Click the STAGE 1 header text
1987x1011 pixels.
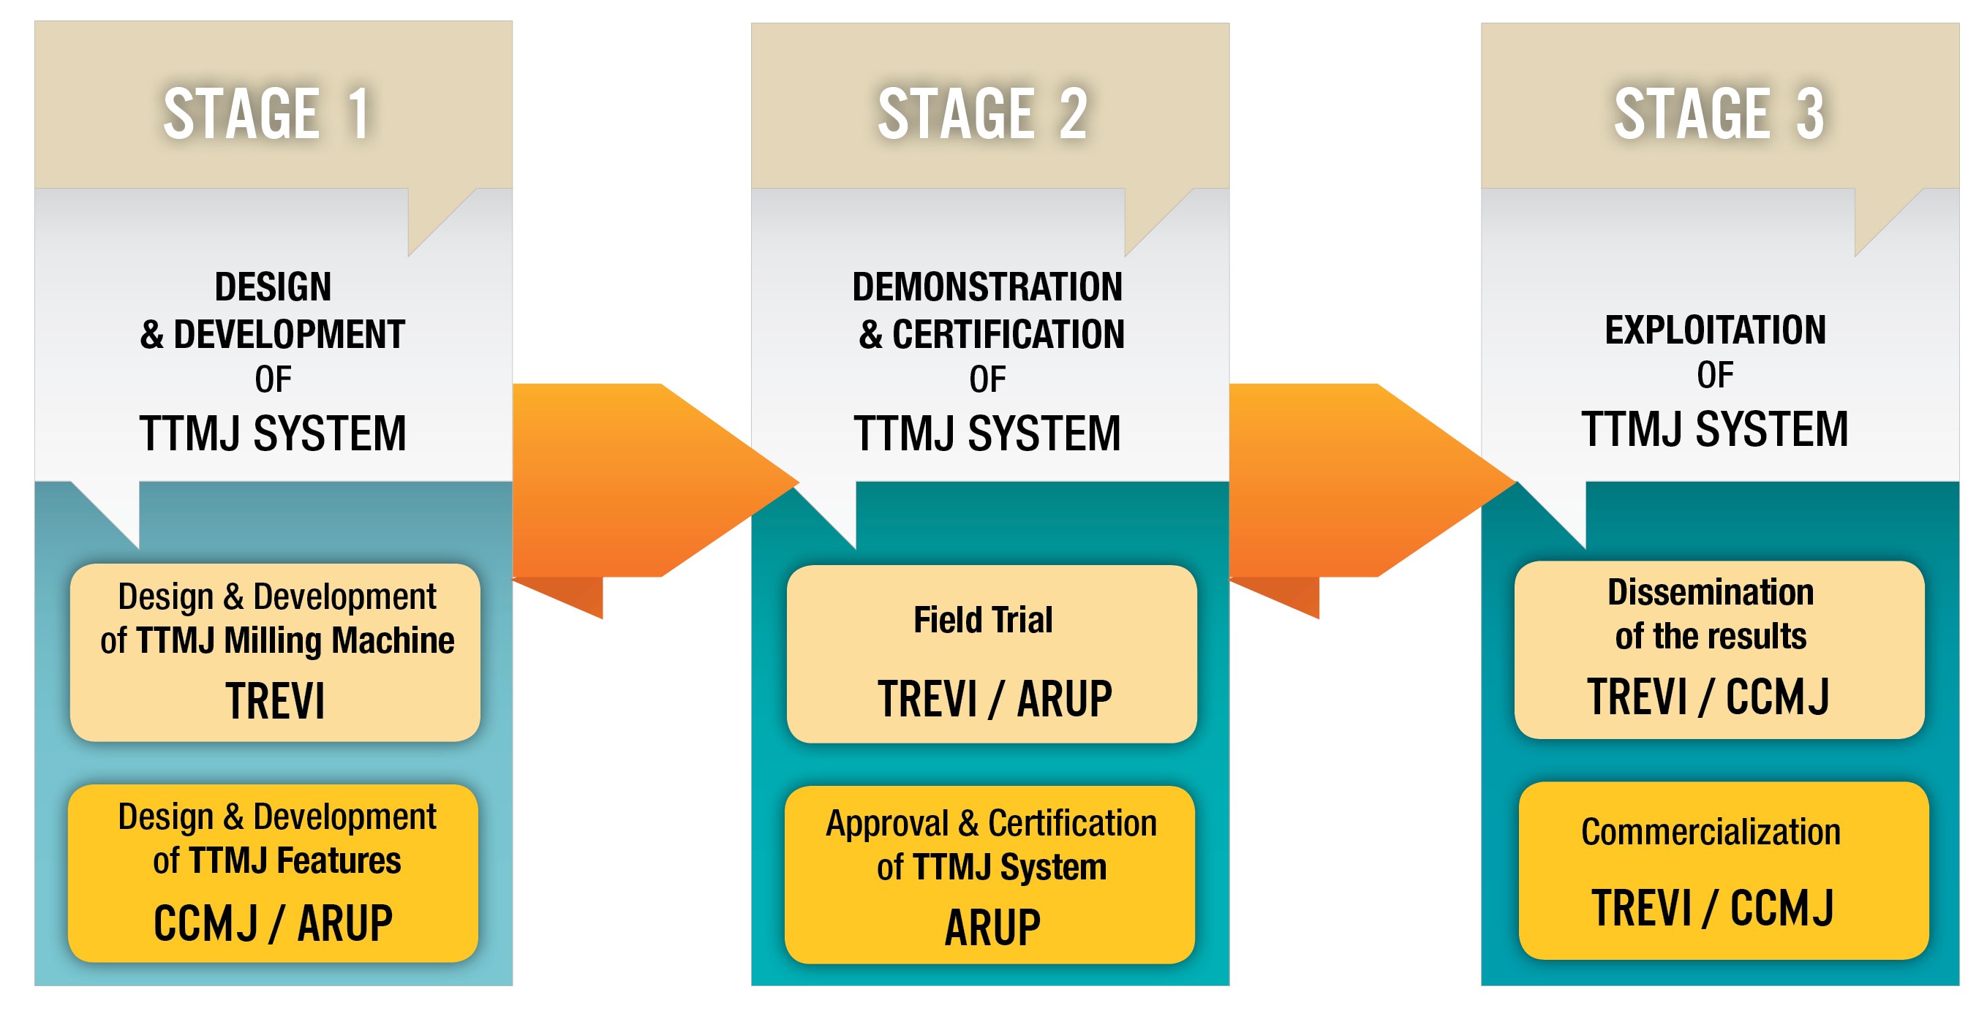coord(266,113)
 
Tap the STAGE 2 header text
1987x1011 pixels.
coord(983,113)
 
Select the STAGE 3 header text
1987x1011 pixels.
coord(1719,113)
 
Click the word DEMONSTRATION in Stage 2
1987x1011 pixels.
coord(987,287)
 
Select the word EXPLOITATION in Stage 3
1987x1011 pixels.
coord(1715,330)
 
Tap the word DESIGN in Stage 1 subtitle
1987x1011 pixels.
coord(273,287)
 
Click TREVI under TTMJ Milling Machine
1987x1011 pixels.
coord(274,701)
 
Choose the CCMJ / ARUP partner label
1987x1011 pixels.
coord(273,923)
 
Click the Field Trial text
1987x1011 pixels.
coord(983,620)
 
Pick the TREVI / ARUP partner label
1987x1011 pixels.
coord(995,699)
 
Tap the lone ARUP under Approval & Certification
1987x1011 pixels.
coord(992,927)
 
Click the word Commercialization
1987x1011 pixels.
coord(1710,832)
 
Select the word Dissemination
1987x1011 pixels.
coord(1710,592)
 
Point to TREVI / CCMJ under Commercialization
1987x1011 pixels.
coord(1713,908)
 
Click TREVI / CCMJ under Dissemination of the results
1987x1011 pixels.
coord(1708,697)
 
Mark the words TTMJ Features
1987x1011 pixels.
coord(295,860)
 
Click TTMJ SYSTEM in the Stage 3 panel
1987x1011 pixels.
coord(1715,429)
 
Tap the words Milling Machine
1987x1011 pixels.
coord(339,640)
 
